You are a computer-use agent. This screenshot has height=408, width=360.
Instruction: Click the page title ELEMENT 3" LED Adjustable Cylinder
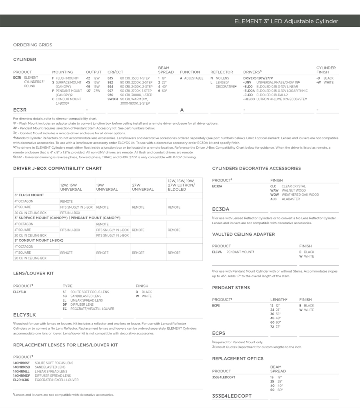(x=286, y=22)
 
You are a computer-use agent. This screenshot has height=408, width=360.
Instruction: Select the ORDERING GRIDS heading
(x=32, y=45)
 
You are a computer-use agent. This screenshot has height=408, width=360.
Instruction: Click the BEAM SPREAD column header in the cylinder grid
(x=166, y=70)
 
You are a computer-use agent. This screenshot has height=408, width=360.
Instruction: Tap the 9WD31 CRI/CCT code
(x=113, y=99)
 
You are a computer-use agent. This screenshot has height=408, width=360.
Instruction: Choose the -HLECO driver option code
(x=249, y=99)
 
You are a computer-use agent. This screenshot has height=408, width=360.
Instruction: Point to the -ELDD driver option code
(x=248, y=95)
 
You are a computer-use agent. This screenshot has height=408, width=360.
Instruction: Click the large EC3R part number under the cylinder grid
(x=20, y=110)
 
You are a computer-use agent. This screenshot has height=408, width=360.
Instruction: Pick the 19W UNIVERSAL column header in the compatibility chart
(x=107, y=187)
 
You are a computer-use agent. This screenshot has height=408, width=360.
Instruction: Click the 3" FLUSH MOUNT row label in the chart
(x=29, y=195)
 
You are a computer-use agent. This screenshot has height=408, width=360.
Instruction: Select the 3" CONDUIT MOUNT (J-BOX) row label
(x=39, y=241)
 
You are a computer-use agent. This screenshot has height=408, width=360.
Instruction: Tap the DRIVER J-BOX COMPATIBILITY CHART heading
(x=57, y=169)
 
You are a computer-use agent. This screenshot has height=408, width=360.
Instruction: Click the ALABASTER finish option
(x=290, y=199)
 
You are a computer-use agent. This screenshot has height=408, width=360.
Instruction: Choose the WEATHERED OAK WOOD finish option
(x=300, y=195)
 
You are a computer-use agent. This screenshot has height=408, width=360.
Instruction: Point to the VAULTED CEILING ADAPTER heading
(x=243, y=235)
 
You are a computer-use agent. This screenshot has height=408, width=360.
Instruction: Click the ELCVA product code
(x=217, y=252)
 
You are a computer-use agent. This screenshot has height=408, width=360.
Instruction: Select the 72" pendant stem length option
(x=276, y=327)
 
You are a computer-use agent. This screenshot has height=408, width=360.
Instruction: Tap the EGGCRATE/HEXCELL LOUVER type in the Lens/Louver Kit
(x=92, y=309)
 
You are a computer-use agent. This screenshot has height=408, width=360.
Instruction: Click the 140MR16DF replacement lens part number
(x=21, y=376)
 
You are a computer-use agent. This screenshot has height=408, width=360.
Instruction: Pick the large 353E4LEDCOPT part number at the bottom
(x=232, y=396)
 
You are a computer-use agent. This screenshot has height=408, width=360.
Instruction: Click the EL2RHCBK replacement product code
(x=21, y=380)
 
